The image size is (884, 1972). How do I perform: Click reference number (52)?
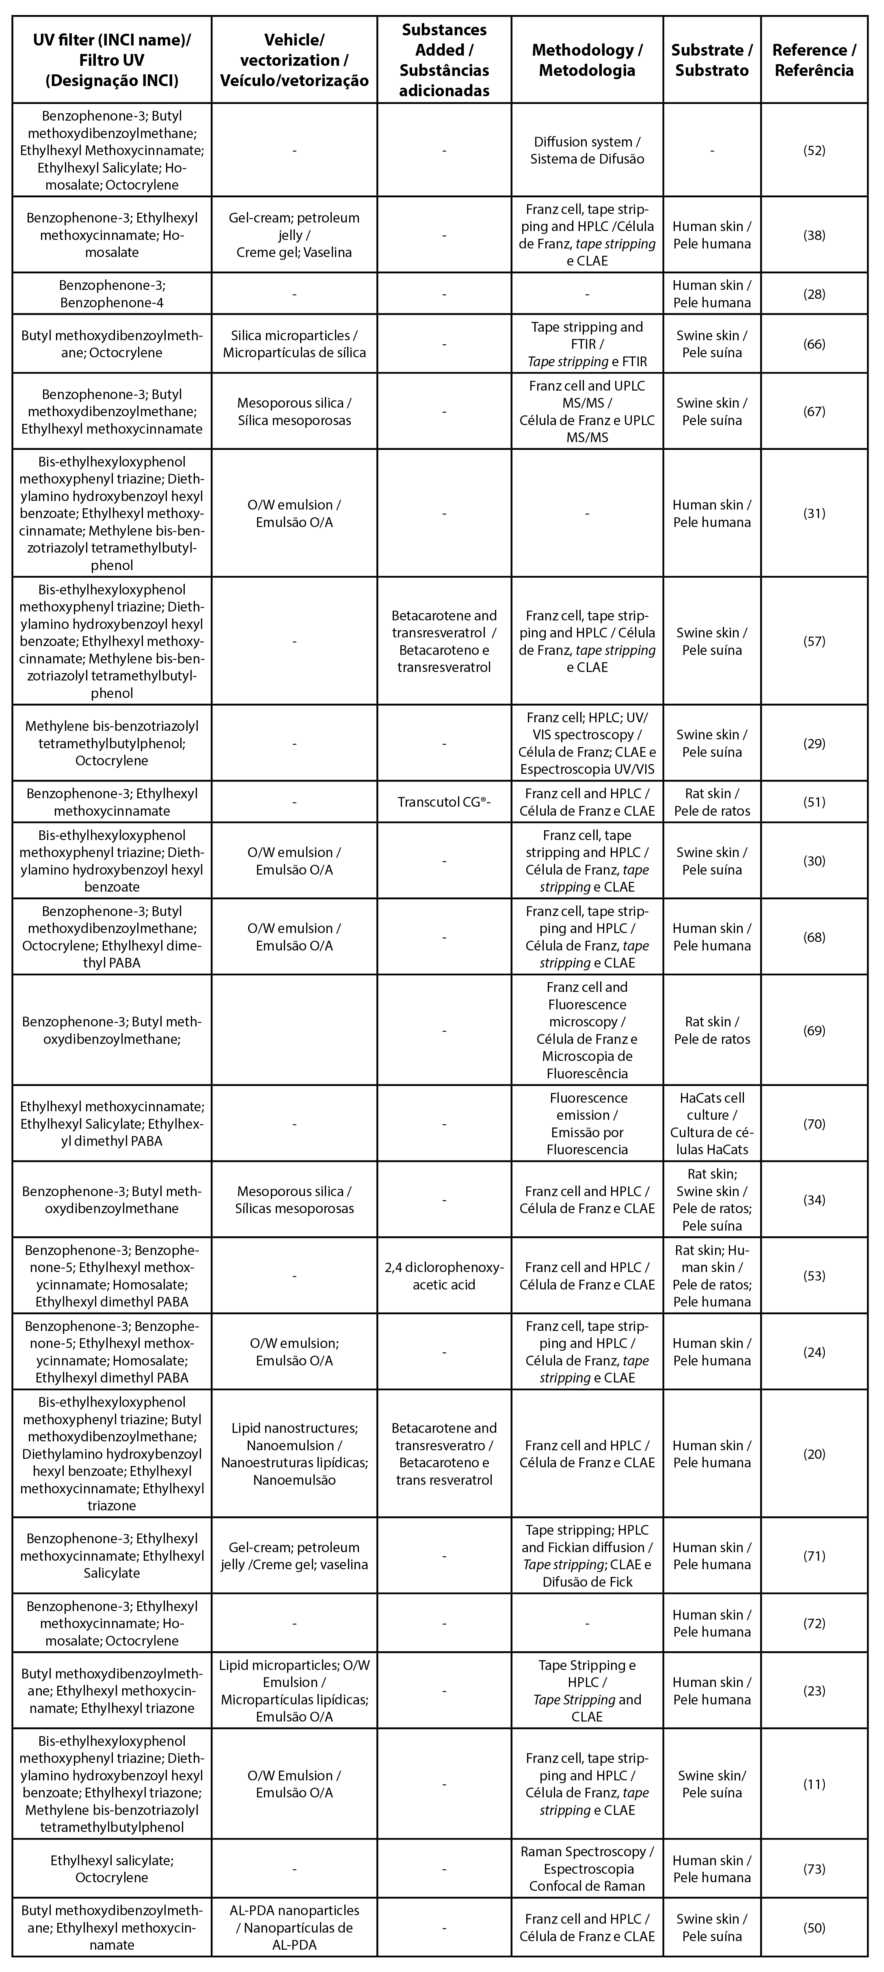814,150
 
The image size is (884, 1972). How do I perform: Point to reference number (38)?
814,235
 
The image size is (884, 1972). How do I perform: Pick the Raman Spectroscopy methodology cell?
587,1868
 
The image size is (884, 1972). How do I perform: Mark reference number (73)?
814,1868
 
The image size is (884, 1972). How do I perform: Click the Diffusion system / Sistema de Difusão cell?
587,150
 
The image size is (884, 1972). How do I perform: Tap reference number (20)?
814,1454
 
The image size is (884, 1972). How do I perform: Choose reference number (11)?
814,1784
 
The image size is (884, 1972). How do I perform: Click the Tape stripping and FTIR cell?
587,344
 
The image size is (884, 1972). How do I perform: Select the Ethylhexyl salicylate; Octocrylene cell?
112,1868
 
